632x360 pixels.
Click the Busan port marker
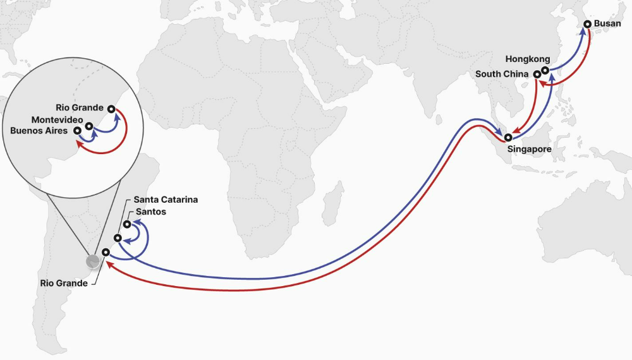587,24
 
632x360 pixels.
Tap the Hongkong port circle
545,70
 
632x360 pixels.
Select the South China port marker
537,74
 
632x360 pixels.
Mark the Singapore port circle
508,137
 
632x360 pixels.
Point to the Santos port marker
127,224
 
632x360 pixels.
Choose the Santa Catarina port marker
118,238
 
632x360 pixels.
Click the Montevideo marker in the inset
89,126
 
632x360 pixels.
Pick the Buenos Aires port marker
77,131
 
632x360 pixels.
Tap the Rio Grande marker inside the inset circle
112,109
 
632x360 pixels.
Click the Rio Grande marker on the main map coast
106,252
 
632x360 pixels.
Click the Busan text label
608,24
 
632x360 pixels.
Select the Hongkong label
523,59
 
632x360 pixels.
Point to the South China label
502,74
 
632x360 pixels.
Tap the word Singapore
530,150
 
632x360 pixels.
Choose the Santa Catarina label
166,200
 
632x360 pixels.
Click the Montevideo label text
56,120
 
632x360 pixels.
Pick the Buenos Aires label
39,131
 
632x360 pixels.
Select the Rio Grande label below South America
63,284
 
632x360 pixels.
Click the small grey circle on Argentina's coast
93,261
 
